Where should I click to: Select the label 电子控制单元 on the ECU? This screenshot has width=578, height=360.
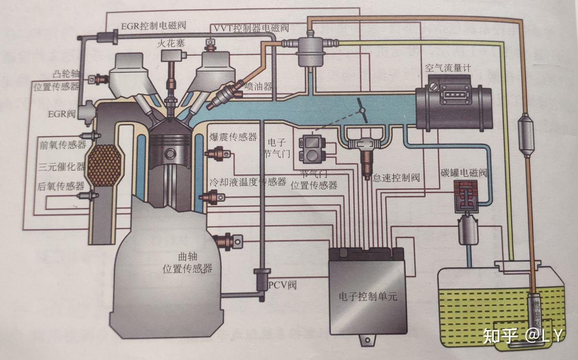[368, 296]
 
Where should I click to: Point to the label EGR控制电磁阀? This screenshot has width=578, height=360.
[154, 26]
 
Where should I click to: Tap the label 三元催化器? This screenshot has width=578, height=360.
[61, 167]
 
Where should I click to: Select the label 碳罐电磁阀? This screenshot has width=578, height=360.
[464, 173]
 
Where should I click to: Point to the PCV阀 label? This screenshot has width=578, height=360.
[282, 284]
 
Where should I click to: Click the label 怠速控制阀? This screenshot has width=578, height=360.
[396, 178]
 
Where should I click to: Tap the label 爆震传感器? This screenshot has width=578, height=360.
[233, 137]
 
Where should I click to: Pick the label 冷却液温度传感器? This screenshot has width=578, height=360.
[248, 182]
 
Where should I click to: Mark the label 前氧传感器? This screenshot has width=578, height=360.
[63, 145]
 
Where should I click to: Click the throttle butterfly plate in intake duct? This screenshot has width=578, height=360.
[362, 110]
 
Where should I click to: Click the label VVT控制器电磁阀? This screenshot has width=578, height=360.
[251, 28]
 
